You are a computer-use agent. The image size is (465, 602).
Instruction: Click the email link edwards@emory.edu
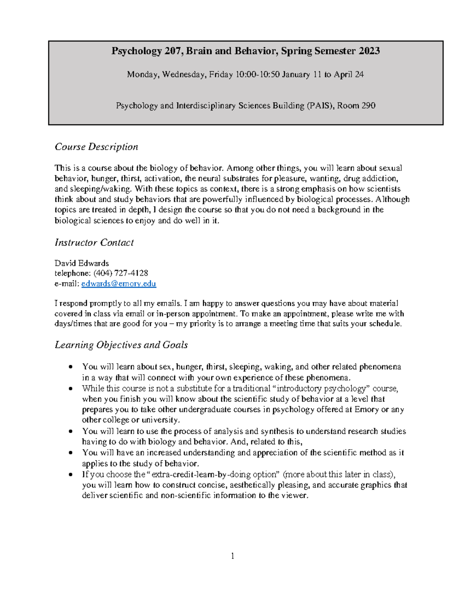coord(119,284)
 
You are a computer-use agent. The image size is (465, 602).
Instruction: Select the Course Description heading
coord(96,147)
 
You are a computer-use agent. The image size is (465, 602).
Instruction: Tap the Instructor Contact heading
coord(94,243)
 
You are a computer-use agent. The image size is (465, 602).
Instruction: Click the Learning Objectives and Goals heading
coord(121,345)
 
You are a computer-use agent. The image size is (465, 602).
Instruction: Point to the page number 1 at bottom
coord(232,556)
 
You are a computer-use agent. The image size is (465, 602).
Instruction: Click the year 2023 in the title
coord(369,51)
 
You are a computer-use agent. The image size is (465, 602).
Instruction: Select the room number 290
coord(368,105)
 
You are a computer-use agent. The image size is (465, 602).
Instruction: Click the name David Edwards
coord(82,263)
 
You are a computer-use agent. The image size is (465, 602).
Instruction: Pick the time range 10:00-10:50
coord(257,74)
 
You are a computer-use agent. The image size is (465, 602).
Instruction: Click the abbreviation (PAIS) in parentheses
coord(320,105)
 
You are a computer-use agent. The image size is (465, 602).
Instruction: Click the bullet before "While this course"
coord(70,388)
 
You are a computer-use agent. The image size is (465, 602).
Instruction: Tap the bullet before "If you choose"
coord(70,474)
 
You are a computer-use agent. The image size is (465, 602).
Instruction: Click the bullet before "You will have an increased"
coord(70,453)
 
